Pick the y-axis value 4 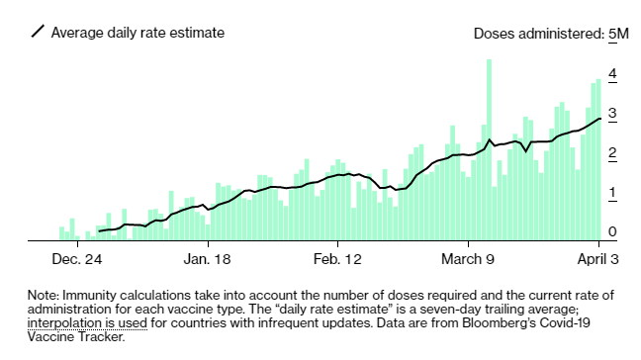(613, 74)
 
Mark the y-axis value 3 (613, 114)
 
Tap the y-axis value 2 (613, 153)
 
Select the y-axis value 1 (613, 193)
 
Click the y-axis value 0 (613, 232)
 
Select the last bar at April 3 (598, 158)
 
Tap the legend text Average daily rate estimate (138, 33)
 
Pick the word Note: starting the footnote (44, 295)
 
